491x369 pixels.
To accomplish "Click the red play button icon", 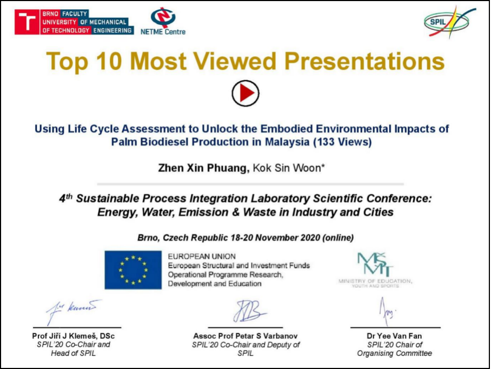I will [246, 93].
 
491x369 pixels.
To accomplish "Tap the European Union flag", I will [133, 269].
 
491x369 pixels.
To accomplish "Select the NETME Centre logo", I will [162, 22].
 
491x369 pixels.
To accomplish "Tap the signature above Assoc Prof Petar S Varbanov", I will [249, 312].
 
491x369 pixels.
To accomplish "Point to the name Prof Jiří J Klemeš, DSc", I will [74, 336].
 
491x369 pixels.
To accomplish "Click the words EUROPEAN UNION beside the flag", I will [202, 256].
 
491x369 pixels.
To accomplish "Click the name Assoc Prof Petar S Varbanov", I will [246, 336].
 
